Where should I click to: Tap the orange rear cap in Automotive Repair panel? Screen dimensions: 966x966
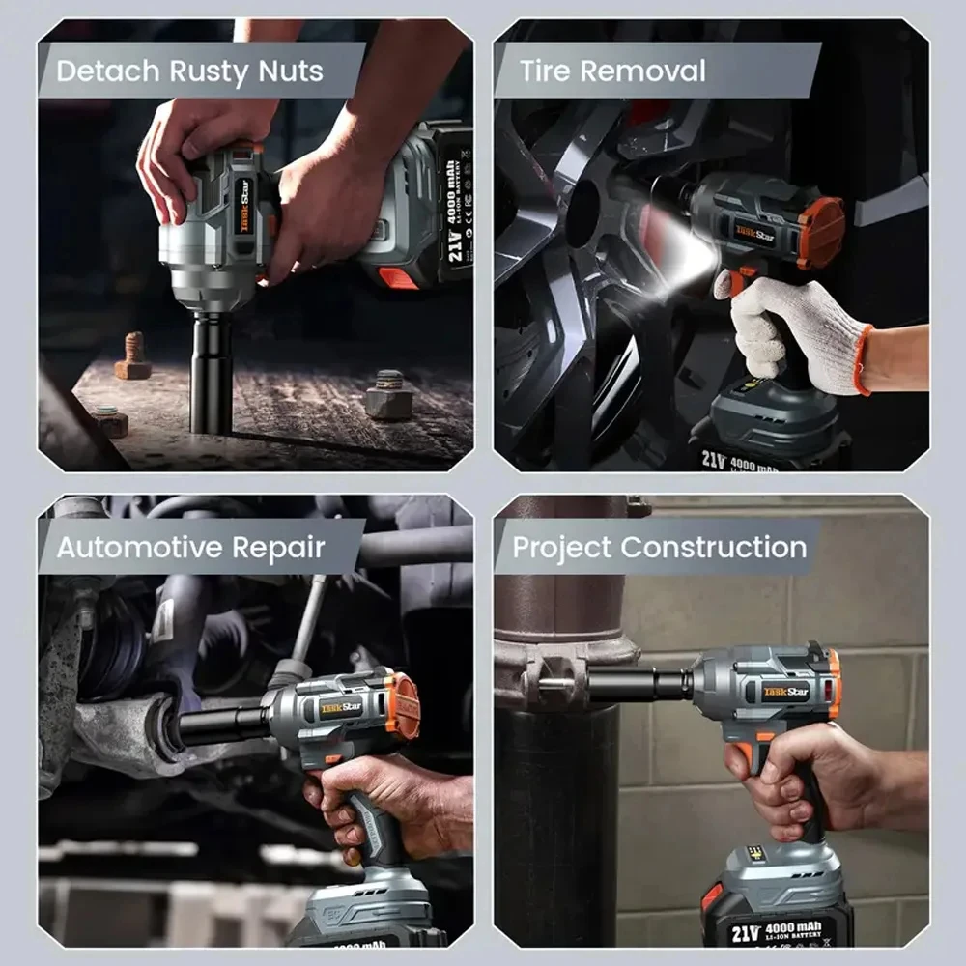pyautogui.click(x=404, y=706)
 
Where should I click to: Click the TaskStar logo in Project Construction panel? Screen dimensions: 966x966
pyautogui.click(x=786, y=691)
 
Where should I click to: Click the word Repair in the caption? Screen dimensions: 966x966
pyautogui.click(x=281, y=548)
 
